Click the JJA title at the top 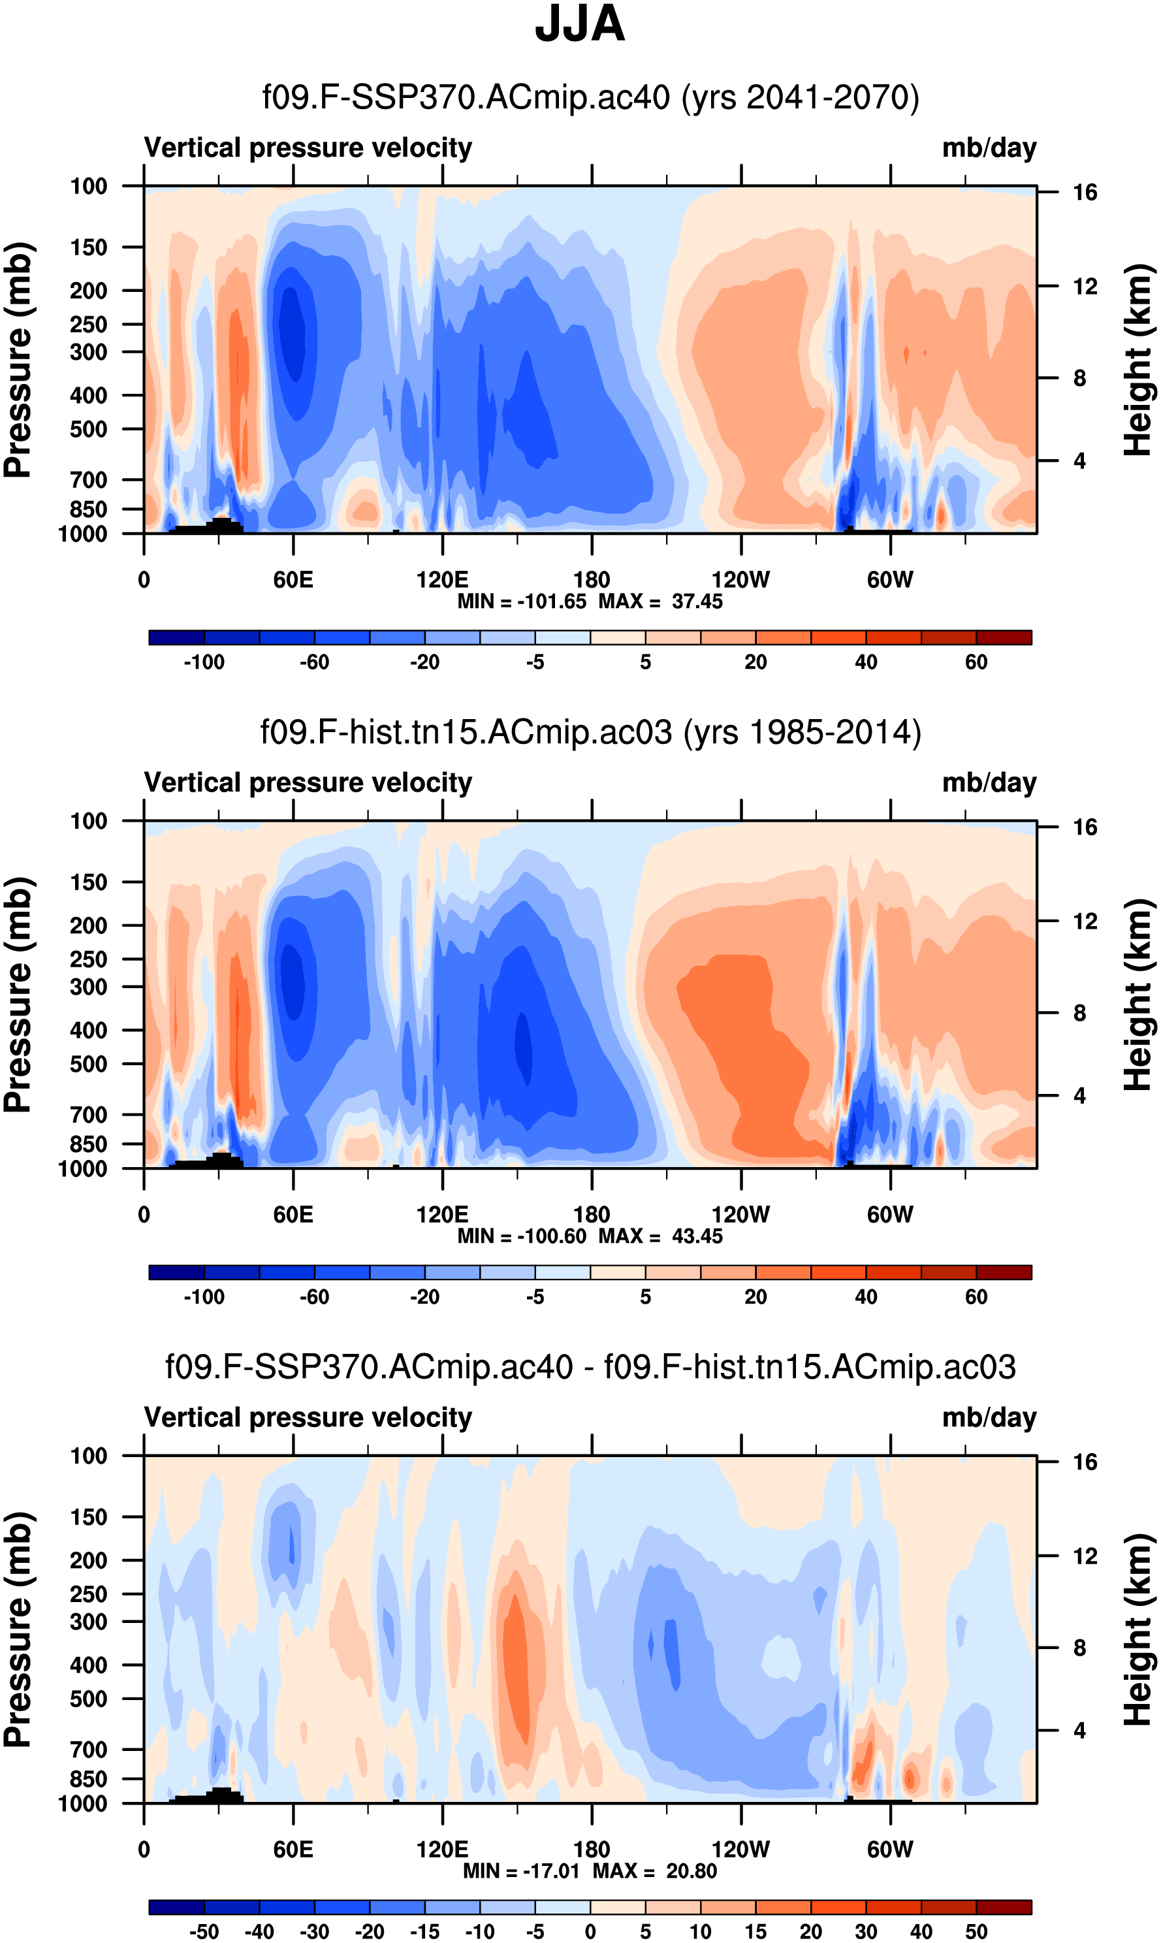point(580,25)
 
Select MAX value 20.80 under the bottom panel point(692,1871)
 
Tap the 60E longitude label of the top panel point(293,580)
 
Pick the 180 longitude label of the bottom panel point(592,1849)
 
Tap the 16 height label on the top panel point(1085,193)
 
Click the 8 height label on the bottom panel point(1079,1648)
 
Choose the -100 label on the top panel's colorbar point(204,662)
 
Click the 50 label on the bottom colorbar point(976,1931)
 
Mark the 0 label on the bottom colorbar point(591,1931)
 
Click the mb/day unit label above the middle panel point(989,782)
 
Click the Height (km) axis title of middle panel point(1139,995)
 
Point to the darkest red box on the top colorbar point(1004,637)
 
